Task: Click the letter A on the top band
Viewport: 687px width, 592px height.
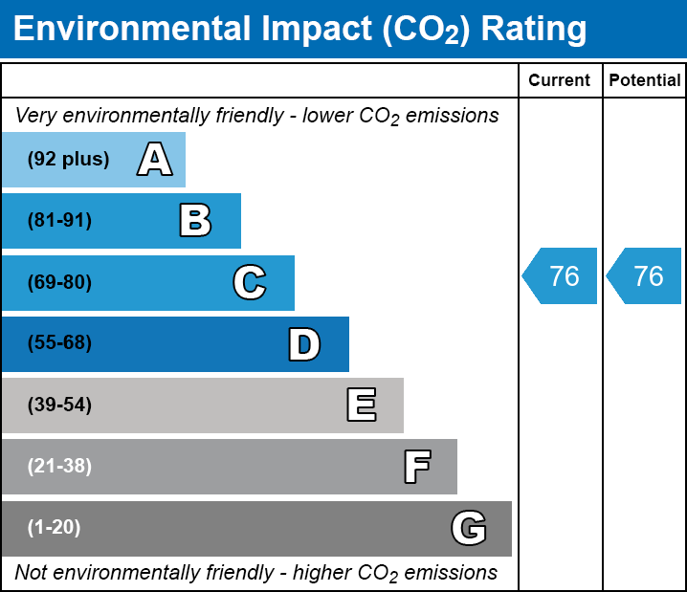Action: pos(155,160)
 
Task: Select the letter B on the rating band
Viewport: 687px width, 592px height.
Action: pos(195,221)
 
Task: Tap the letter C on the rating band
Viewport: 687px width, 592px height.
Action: pos(250,282)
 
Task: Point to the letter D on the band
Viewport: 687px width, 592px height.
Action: pos(304,344)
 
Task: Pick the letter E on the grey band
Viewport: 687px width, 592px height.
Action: pos(361,406)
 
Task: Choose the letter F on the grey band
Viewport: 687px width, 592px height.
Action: pos(416,467)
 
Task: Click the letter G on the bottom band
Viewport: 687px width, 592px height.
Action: pos(469,528)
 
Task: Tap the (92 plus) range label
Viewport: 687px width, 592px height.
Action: pos(68,160)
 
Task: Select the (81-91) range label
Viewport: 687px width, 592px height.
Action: pos(59,221)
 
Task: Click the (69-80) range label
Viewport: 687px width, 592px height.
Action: pos(59,282)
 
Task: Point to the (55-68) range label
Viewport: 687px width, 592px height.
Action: pos(59,343)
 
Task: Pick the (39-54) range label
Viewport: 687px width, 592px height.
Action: pos(59,405)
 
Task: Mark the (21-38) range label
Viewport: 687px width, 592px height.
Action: pos(59,467)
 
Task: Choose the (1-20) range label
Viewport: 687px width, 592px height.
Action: pos(55,528)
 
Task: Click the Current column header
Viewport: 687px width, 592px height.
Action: pos(560,81)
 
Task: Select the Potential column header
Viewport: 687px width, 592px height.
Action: pos(645,81)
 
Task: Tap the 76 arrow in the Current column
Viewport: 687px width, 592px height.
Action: pos(562,276)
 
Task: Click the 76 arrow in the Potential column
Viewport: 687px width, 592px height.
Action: pos(646,276)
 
